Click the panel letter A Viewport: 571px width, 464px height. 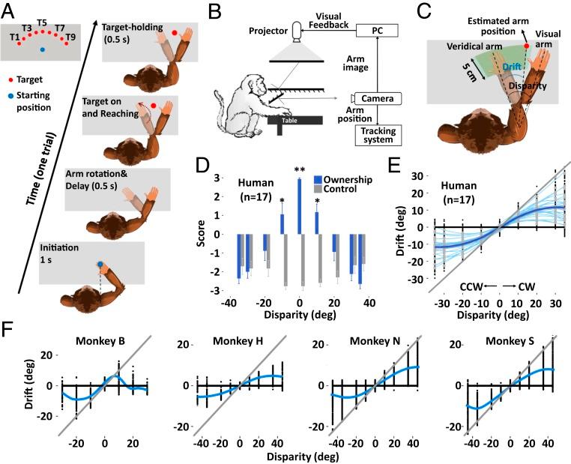pyautogui.click(x=11, y=10)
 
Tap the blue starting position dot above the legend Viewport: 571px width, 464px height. pyautogui.click(x=43, y=49)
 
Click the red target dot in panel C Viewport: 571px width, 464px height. pyautogui.click(x=527, y=46)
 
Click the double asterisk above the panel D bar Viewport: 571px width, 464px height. pyautogui.click(x=300, y=172)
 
